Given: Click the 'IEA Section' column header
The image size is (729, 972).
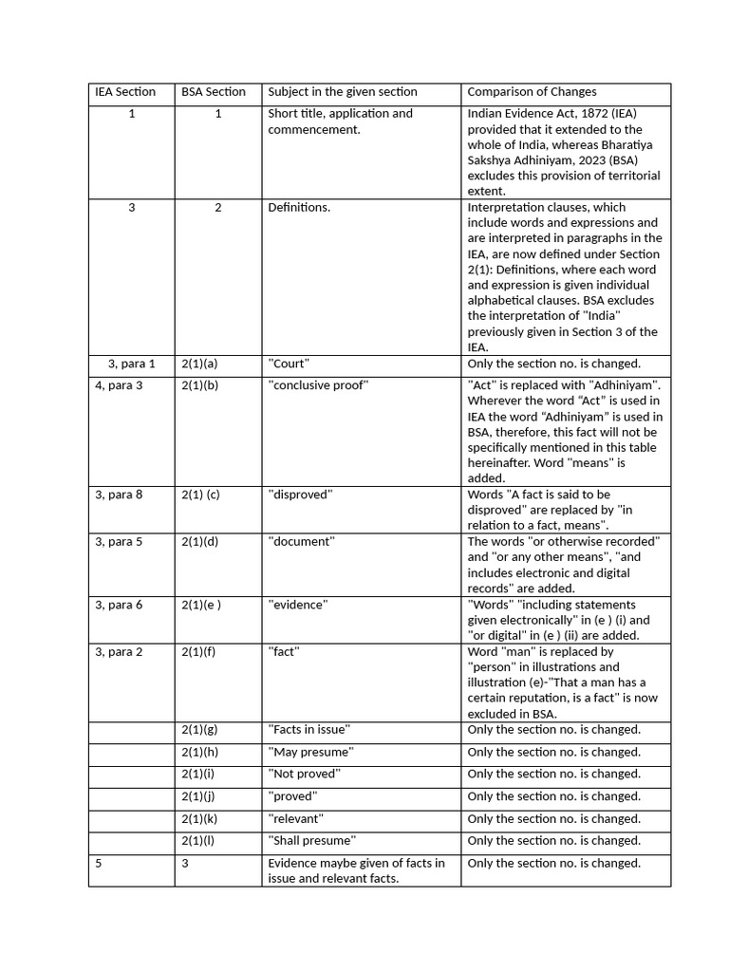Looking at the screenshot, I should tap(125, 92).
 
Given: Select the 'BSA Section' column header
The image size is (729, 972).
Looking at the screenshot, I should tap(214, 92).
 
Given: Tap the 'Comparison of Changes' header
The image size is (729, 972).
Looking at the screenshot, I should tap(532, 92).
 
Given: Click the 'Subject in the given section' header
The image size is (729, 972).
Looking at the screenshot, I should tap(343, 92).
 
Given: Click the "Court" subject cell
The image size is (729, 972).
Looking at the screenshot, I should tap(289, 364).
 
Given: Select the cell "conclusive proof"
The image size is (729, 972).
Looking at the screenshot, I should tap(318, 385).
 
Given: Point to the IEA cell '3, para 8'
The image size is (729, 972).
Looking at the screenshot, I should tap(119, 495).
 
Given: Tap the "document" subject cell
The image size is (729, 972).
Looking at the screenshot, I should tap(301, 542).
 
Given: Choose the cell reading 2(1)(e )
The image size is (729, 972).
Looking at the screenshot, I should tap(201, 605).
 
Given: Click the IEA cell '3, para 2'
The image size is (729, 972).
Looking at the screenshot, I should tap(119, 652).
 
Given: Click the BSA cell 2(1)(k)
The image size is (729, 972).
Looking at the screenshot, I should tap(199, 818).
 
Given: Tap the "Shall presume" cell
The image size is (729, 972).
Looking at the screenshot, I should tap(312, 841).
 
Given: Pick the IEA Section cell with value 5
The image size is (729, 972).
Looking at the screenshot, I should tap(99, 864).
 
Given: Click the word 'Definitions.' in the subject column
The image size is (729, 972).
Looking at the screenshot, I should tap(299, 207).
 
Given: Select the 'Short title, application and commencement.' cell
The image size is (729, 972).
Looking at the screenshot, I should tap(341, 121).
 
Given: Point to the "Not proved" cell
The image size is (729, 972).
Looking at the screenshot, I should tap(303, 775).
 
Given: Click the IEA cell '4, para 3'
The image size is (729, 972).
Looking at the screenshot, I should tap(119, 385).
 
